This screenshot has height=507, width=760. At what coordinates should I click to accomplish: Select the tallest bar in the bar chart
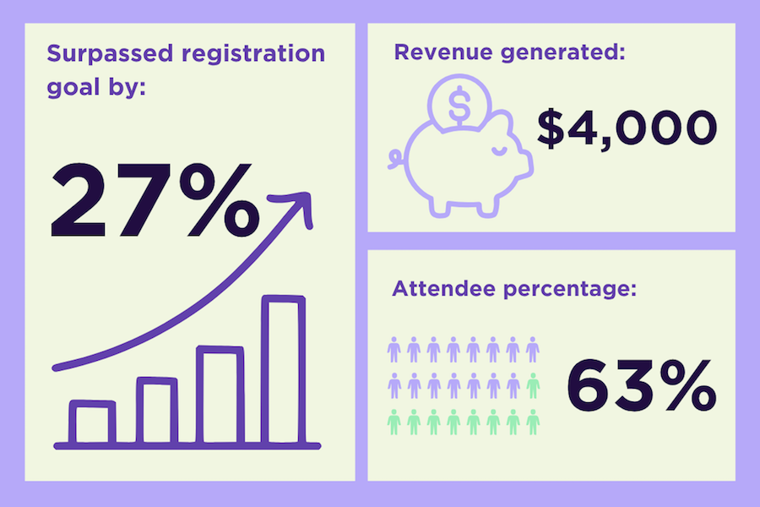click(283, 370)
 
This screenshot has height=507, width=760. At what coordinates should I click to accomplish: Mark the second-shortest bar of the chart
click(157, 412)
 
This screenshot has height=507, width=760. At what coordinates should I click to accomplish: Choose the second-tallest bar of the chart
click(220, 395)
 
